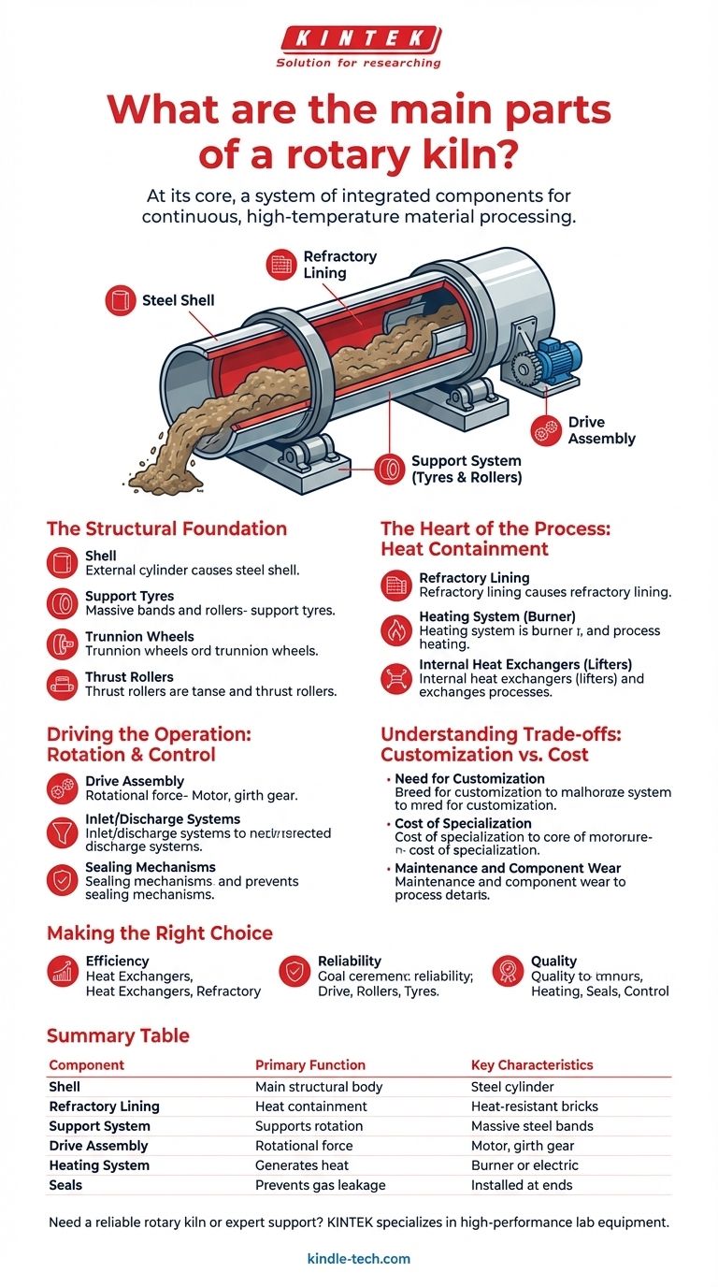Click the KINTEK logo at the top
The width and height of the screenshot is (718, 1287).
pyautogui.click(x=359, y=40)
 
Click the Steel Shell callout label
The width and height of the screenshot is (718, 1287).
pyautogui.click(x=178, y=300)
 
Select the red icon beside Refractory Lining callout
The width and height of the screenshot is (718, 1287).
pyautogui.click(x=281, y=265)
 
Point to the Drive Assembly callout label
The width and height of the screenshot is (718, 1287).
pyautogui.click(x=601, y=430)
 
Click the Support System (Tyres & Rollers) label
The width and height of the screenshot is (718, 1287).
pyautogui.click(x=467, y=470)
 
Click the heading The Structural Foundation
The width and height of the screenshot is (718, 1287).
pyautogui.click(x=166, y=528)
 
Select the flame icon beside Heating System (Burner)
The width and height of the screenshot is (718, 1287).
pyautogui.click(x=396, y=630)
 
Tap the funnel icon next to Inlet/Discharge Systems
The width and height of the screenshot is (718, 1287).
pyautogui.click(x=63, y=831)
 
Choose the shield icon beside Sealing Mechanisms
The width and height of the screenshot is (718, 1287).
pyautogui.click(x=63, y=879)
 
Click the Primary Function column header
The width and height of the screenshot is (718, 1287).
pyautogui.click(x=310, y=1064)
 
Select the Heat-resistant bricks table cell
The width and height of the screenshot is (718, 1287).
pyautogui.click(x=534, y=1106)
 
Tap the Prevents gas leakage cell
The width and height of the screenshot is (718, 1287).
pyautogui.click(x=320, y=1185)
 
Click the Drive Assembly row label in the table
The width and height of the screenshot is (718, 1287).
pyautogui.click(x=98, y=1146)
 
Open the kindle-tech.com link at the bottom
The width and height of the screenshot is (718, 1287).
pyautogui.click(x=359, y=1259)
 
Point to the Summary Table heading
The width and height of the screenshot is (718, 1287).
pyautogui.click(x=118, y=1035)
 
